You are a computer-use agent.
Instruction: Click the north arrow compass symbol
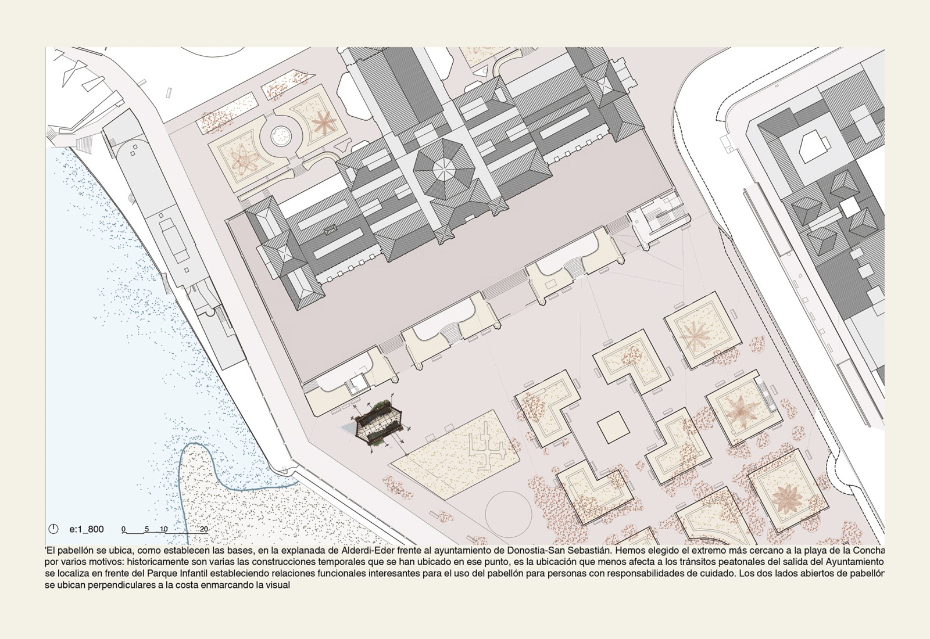(53, 529)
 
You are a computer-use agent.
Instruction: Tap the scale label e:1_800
(87, 529)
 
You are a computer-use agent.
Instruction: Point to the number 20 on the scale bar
(203, 529)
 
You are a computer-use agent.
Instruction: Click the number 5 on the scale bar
(146, 529)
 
